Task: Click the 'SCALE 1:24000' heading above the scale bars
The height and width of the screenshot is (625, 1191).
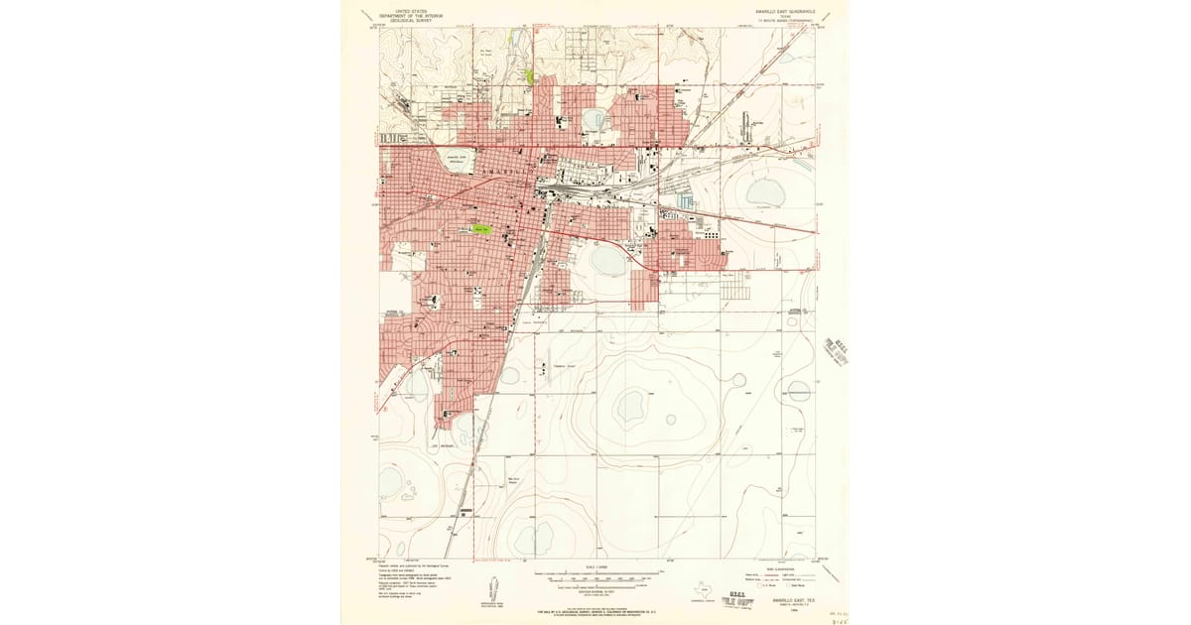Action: pos(595,567)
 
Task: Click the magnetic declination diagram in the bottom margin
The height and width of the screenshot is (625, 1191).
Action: pos(493,585)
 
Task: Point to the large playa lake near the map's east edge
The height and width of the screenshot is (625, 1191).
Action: pos(765,192)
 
